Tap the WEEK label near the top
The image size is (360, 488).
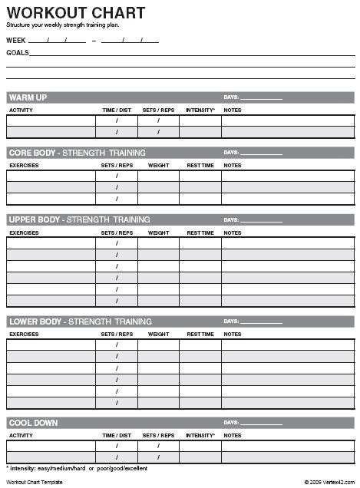coord(15,39)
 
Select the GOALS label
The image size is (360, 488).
coord(18,53)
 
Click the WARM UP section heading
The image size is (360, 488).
coord(28,97)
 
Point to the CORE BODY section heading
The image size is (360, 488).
coord(77,153)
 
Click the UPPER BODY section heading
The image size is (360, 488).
coord(79,219)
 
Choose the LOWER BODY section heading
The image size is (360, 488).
coord(80,321)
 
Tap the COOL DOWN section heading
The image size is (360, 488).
coord(33,423)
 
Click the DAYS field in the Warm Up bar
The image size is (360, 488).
coord(253,97)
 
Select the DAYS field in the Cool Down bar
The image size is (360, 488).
coord(253,423)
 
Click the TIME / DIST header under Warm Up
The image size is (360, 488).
coord(117,110)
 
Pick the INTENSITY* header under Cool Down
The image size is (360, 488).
coord(200,435)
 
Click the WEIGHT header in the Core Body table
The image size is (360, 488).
coord(159,165)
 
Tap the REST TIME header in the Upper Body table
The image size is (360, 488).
coord(200,232)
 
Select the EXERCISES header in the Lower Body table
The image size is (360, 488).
coord(24,334)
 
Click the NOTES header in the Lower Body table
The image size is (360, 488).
coord(232,334)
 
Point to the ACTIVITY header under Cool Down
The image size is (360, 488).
coord(21,435)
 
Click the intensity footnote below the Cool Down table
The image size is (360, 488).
coord(77,468)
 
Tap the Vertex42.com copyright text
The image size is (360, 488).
coord(329,483)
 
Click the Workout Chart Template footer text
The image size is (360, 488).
coord(35,483)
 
